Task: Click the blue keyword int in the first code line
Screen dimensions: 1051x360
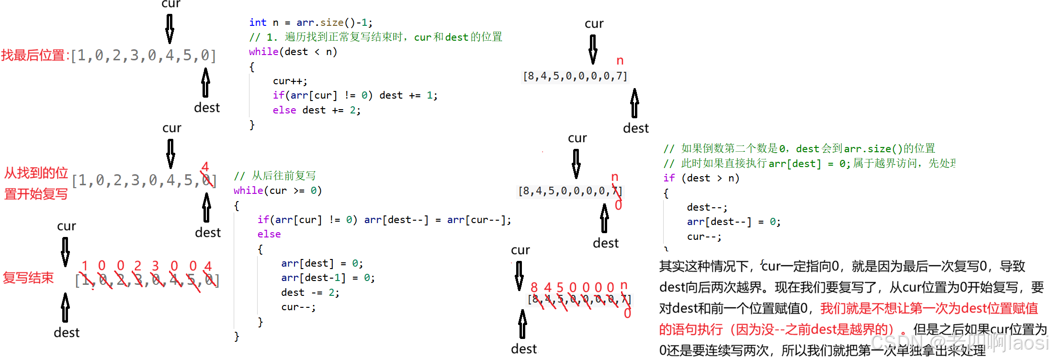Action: pyautogui.click(x=258, y=22)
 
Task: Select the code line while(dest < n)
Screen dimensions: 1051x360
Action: pyautogui.click(x=293, y=52)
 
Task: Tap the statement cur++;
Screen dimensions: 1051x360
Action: pyautogui.click(x=290, y=81)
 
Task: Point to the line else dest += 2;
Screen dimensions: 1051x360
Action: pyautogui.click(x=316, y=110)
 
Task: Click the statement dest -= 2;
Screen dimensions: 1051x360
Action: pyautogui.click(x=310, y=292)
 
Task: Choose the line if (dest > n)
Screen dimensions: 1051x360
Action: pyautogui.click(x=701, y=178)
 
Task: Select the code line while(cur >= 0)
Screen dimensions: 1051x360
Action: pyautogui.click(x=277, y=191)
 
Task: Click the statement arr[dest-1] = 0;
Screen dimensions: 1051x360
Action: pyautogui.click(x=328, y=278)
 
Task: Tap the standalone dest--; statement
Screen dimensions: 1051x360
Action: pyautogui.click(x=707, y=207)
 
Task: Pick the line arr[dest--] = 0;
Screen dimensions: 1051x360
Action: pyautogui.click(x=734, y=222)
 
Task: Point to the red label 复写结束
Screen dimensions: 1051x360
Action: pyautogui.click(x=28, y=278)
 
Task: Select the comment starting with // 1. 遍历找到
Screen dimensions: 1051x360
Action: pyautogui.click(x=375, y=37)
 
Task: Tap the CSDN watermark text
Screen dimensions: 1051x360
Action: pyautogui.click(x=958, y=343)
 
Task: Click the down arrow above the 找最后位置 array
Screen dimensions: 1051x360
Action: pyautogui.click(x=170, y=29)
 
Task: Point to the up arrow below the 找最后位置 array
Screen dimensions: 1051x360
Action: pyautogui.click(x=205, y=82)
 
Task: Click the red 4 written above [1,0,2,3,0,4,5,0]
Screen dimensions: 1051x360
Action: pyautogui.click(x=205, y=167)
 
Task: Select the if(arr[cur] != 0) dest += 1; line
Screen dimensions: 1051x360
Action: pyautogui.click(x=355, y=95)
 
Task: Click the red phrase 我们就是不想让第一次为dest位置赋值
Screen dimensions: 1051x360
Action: pyautogui.click(x=929, y=308)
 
